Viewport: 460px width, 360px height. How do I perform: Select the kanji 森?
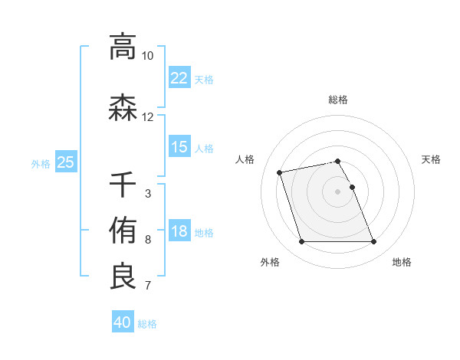coord(123,108)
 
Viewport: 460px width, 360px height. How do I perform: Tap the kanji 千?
coord(123,185)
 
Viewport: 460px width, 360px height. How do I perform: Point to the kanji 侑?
coord(123,230)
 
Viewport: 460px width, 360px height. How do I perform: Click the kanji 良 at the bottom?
coord(123,277)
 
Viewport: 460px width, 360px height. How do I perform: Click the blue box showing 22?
coord(179,78)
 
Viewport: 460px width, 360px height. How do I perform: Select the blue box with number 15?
coord(179,147)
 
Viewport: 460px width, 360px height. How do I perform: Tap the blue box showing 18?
coord(179,232)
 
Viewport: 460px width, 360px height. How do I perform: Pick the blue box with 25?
coord(65,162)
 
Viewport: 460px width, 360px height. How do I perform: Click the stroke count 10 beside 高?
coord(147,56)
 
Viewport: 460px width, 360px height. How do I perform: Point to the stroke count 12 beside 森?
coord(147,117)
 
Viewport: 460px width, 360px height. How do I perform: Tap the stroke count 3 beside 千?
coord(147,194)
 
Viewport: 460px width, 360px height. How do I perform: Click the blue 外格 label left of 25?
coord(41,162)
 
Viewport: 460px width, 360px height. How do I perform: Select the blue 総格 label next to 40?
coord(147,324)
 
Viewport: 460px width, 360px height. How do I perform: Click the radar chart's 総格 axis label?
coord(338,100)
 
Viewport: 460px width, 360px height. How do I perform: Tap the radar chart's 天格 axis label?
coord(431,159)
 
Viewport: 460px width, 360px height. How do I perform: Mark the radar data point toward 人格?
coord(280,172)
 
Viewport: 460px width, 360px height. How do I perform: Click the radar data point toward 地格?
coord(373,242)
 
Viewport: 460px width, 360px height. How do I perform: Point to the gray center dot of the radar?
coord(338,191)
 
